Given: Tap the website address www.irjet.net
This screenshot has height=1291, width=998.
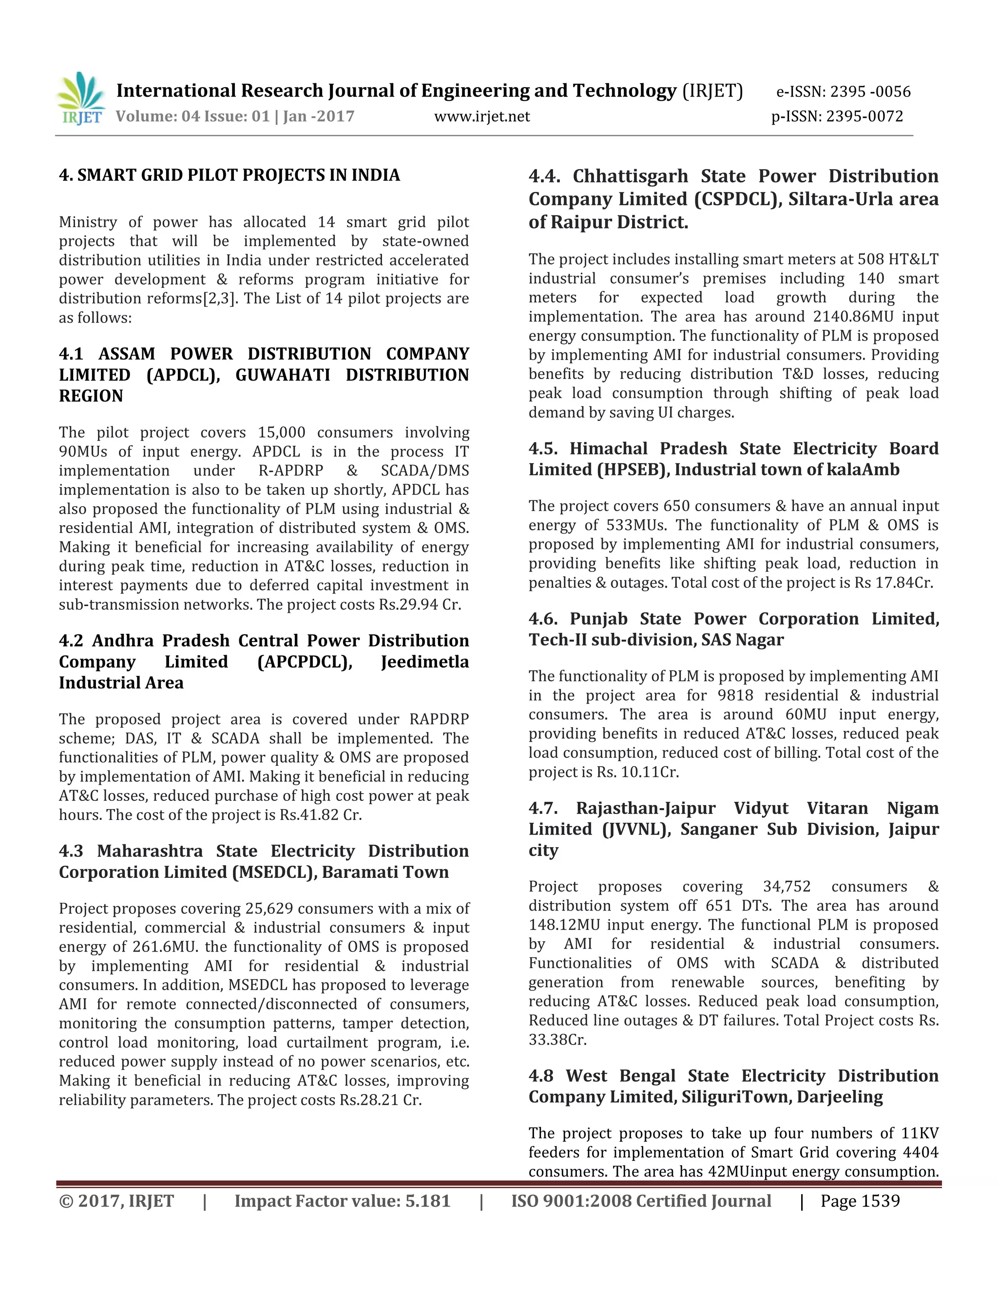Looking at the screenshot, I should pyautogui.click(x=482, y=116).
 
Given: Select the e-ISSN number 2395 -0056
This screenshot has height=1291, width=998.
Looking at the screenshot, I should pyautogui.click(x=870, y=92).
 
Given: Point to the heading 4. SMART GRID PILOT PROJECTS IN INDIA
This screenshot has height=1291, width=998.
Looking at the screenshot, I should pyautogui.click(x=230, y=175).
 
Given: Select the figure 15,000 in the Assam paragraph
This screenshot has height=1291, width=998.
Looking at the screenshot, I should pyautogui.click(x=282, y=432).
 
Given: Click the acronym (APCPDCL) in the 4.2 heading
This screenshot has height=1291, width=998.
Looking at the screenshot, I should pyautogui.click(x=305, y=662).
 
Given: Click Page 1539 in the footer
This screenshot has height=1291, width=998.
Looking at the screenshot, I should pyautogui.click(x=860, y=1201).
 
